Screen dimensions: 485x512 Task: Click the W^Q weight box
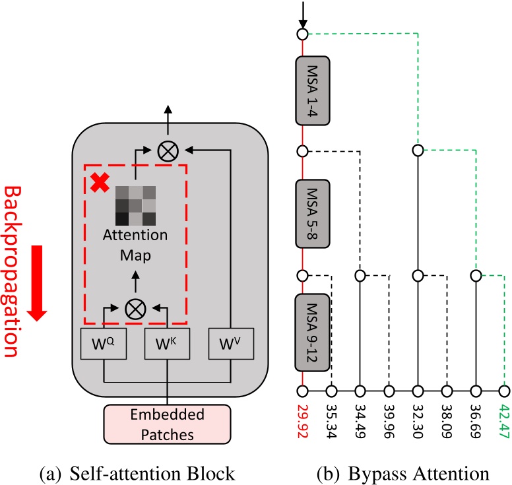pyautogui.click(x=104, y=344)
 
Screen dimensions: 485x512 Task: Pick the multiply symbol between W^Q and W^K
pyautogui.click(x=135, y=309)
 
